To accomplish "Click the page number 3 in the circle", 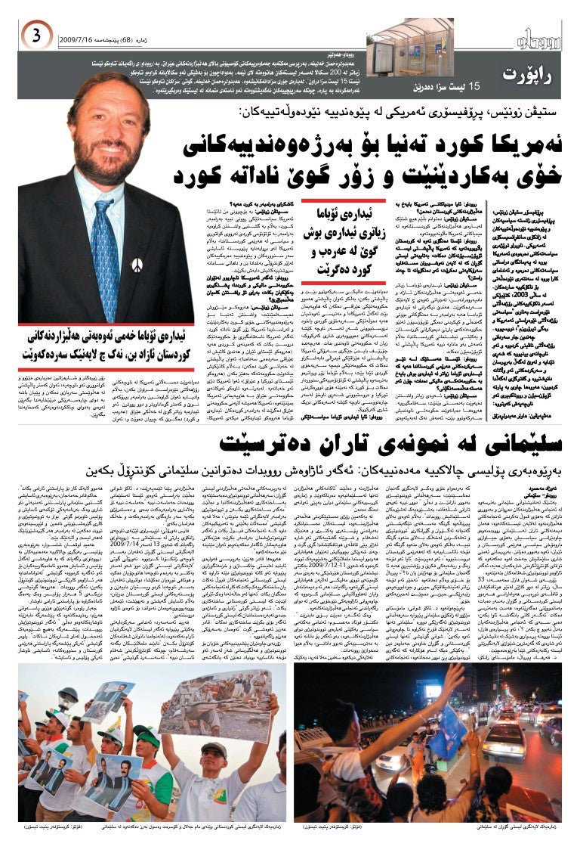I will [x=35, y=36].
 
